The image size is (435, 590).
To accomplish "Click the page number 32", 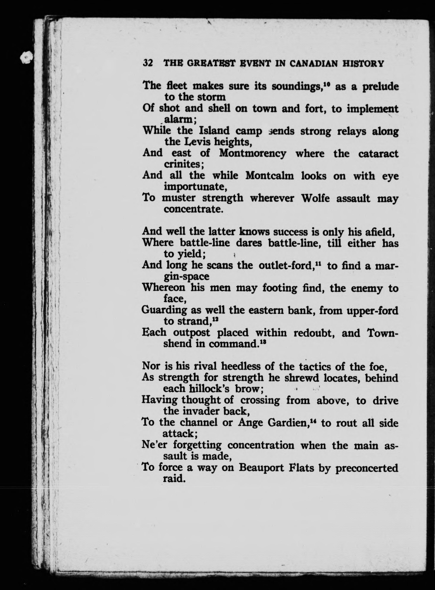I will (x=148, y=63).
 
